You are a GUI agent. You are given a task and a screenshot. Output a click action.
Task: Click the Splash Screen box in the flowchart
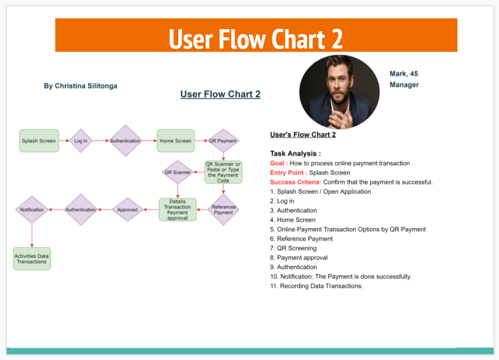pyautogui.click(x=39, y=141)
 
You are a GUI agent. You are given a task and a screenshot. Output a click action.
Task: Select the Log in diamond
pyautogui.click(x=81, y=141)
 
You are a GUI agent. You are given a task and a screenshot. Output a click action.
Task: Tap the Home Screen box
pyautogui.click(x=175, y=141)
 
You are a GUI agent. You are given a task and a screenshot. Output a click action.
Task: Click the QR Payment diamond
pyautogui.click(x=223, y=141)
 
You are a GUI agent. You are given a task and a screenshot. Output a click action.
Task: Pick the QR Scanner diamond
pyautogui.click(x=178, y=172)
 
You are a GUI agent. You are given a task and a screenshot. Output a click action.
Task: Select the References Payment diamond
pyautogui.click(x=223, y=210)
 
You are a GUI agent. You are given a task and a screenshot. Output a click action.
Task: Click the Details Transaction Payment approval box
pyautogui.click(x=178, y=210)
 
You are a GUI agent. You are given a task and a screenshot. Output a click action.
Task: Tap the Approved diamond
pyautogui.click(x=127, y=210)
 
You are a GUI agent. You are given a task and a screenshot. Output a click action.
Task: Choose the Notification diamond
pyautogui.click(x=32, y=210)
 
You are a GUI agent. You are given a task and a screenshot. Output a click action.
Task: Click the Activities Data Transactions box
pyautogui.click(x=32, y=259)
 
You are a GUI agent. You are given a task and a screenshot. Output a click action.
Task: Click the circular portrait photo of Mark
pyautogui.click(x=339, y=92)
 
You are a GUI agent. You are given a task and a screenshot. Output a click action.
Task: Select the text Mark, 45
pyautogui.click(x=403, y=74)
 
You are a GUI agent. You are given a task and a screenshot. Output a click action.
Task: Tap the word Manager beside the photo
pyautogui.click(x=404, y=85)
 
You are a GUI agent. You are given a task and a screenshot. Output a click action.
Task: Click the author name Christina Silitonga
pyautogui.click(x=80, y=86)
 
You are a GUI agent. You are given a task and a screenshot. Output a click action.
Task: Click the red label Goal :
pyautogui.click(x=279, y=163)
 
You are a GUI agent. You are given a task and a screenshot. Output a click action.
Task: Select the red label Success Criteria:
pyautogui.click(x=295, y=182)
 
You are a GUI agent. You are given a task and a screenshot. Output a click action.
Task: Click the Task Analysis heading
pyautogui.click(x=295, y=154)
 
